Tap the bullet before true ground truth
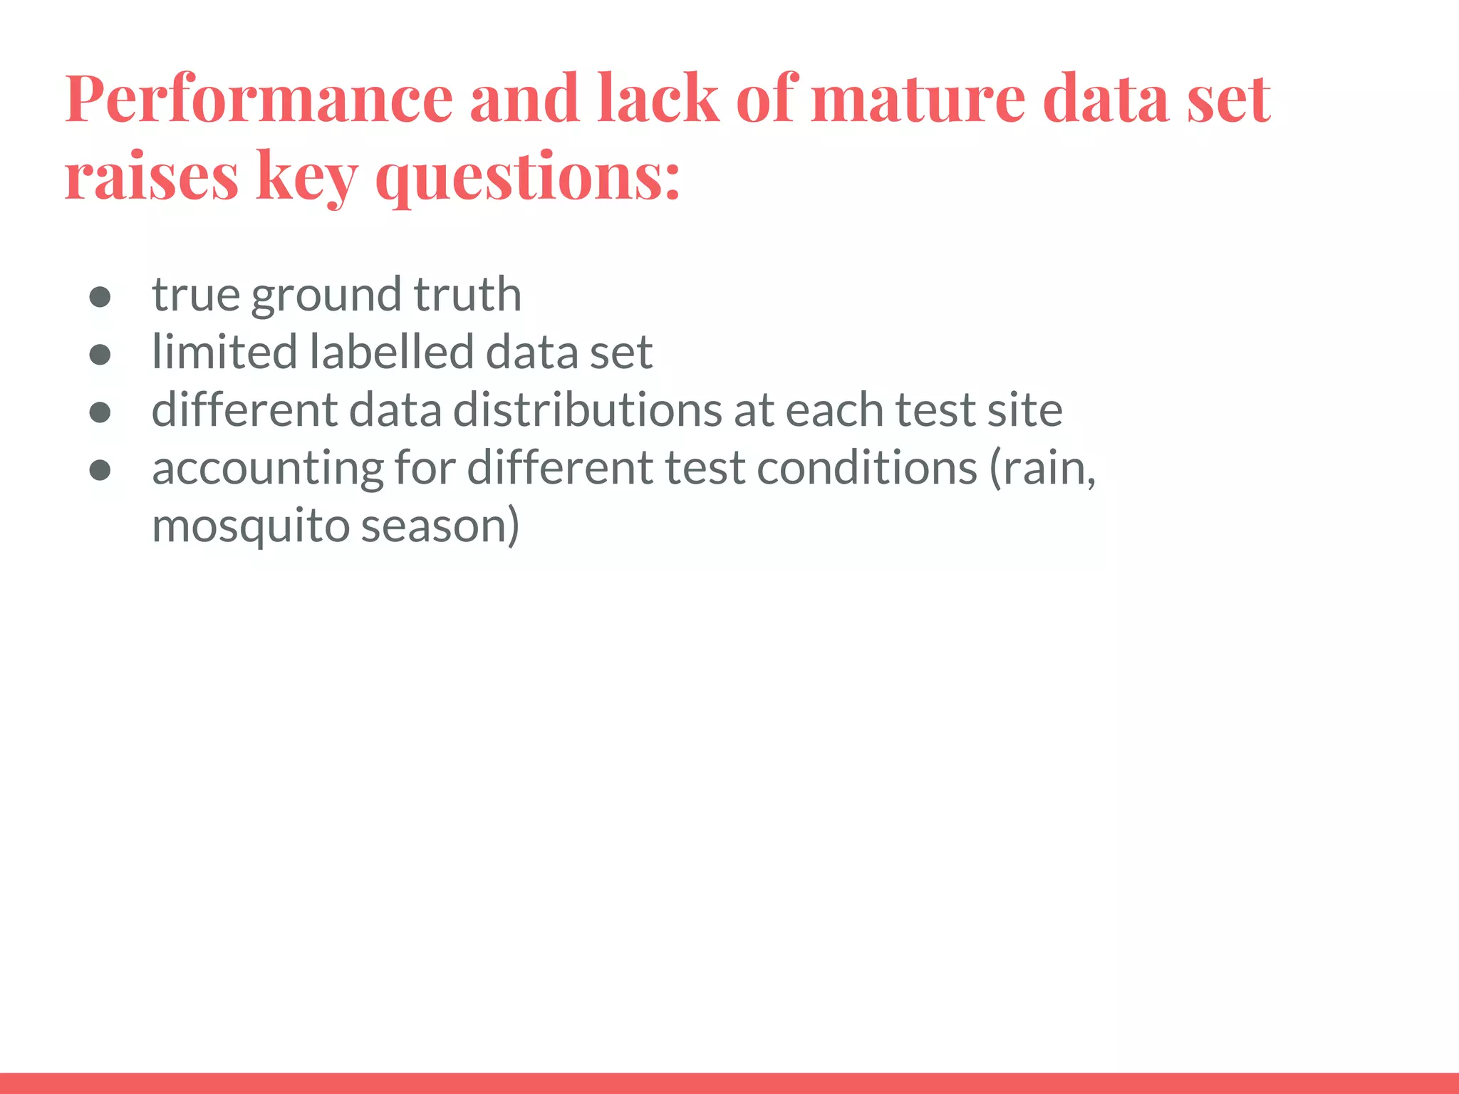click(100, 296)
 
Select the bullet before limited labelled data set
click(100, 354)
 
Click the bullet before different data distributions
click(100, 412)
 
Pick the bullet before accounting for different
click(100, 469)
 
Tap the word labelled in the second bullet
click(391, 352)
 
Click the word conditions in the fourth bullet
click(866, 468)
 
